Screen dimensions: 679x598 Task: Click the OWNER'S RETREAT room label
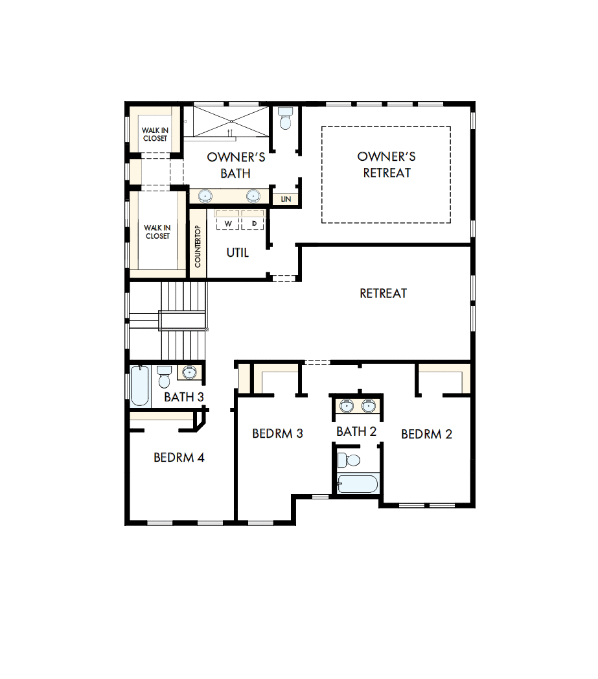click(386, 165)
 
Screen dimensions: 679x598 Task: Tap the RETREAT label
click(384, 293)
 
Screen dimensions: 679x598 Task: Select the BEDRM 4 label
click(179, 457)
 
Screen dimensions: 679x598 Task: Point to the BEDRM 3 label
click(278, 433)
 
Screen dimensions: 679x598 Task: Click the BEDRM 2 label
click(426, 435)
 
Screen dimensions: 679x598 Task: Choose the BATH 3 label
click(184, 397)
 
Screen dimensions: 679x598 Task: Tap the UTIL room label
click(237, 253)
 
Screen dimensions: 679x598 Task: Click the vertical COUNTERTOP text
click(198, 246)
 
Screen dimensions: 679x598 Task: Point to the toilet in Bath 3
click(164, 377)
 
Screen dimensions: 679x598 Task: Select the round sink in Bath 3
click(189, 373)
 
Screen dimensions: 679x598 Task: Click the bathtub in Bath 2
click(357, 484)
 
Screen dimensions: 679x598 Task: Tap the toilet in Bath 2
click(351, 460)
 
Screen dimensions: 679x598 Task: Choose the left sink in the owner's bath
click(205, 195)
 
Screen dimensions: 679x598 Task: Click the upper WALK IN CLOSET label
click(155, 134)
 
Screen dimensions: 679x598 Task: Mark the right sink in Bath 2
click(368, 406)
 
